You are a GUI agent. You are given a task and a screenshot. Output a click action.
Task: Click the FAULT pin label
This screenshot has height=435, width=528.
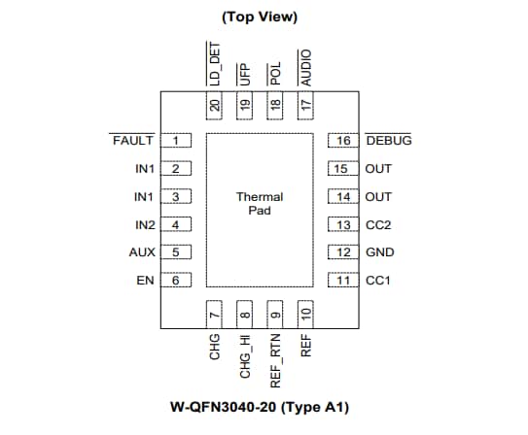[x=133, y=141]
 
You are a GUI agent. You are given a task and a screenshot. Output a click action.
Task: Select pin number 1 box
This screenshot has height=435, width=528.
[x=176, y=141]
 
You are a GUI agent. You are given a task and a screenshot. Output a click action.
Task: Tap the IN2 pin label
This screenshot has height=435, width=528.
[x=144, y=225]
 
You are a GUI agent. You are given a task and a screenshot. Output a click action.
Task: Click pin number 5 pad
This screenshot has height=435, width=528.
[x=176, y=253]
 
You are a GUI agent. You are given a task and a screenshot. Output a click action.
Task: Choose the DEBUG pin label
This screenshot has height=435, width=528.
[x=388, y=141]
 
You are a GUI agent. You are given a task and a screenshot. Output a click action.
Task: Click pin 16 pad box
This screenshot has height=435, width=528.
[x=342, y=141]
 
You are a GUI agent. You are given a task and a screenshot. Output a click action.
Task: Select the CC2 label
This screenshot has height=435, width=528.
[x=378, y=225]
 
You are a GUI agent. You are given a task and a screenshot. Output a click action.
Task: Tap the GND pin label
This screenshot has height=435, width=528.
[x=378, y=253]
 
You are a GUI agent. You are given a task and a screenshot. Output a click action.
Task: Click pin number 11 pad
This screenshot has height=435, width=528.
[x=342, y=282]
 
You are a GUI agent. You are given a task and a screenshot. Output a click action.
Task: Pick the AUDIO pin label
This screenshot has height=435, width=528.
[x=305, y=66]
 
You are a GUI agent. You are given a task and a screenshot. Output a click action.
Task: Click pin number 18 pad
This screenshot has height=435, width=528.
[x=275, y=104]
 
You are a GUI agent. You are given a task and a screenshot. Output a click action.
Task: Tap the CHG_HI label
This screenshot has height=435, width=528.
[x=245, y=356]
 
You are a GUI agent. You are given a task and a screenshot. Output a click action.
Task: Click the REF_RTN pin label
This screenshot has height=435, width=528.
[x=275, y=360]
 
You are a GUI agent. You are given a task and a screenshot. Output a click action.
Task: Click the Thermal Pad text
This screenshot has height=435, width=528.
[x=260, y=204]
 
